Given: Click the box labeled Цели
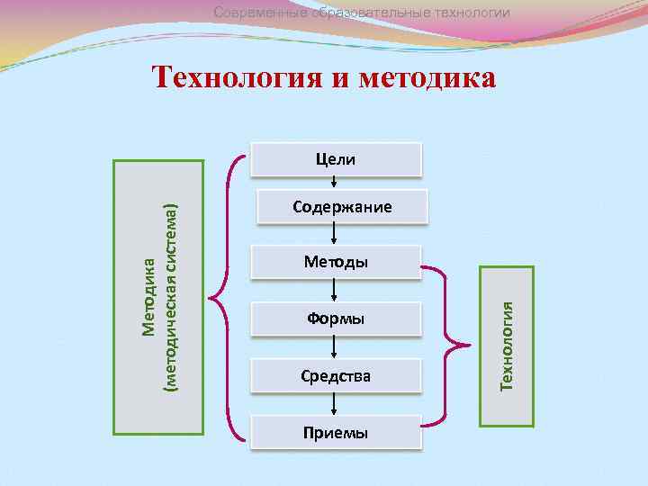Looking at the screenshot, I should tap(335, 159).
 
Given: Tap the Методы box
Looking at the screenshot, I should tap(335, 262).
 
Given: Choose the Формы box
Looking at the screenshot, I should tap(335, 319).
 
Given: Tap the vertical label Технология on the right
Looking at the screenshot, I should tap(507, 346).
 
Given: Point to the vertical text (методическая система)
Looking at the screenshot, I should tap(170, 294).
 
